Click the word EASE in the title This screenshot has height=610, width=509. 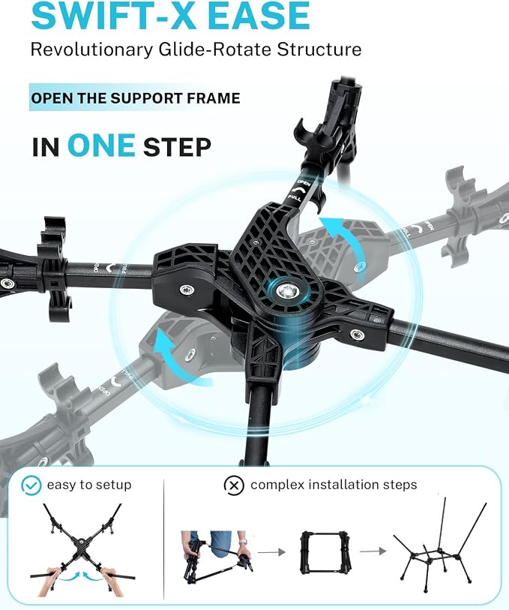tap(259, 15)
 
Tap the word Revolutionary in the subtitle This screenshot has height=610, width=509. tap(91, 50)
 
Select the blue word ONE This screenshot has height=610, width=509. tap(101, 146)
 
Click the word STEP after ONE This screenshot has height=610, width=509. tap(177, 147)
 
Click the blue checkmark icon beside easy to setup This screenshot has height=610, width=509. tap(31, 485)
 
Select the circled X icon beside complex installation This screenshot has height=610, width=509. tap(234, 485)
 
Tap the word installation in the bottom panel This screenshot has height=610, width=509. tap(346, 485)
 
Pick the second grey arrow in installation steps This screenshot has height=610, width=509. tap(373, 551)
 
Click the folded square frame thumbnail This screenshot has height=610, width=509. tap(325, 552)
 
